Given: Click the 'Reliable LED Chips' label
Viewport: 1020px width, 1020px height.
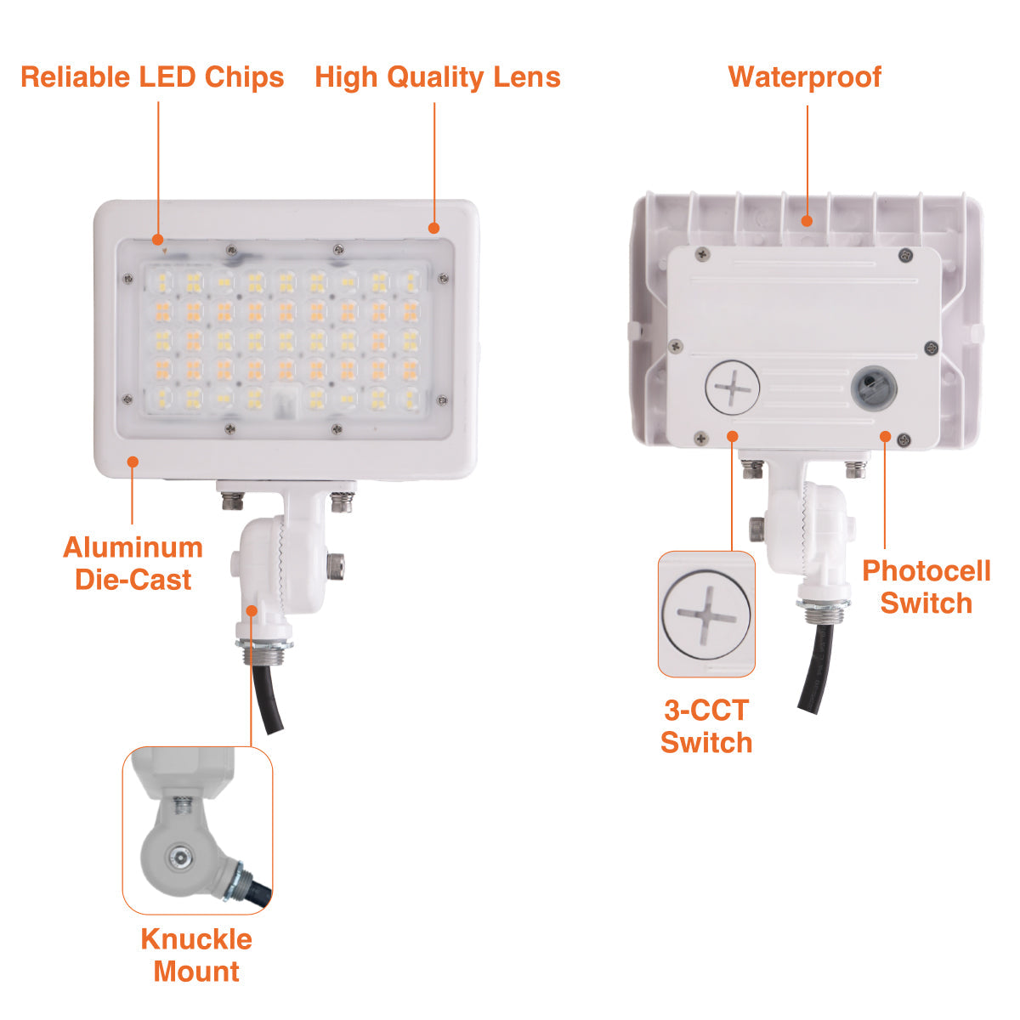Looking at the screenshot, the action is coord(152,77).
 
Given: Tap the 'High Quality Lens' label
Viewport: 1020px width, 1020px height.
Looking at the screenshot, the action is coord(437,78).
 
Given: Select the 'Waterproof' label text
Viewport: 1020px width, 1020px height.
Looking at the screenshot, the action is coord(805,78).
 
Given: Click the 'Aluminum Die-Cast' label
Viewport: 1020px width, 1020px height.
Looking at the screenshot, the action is coord(133,564).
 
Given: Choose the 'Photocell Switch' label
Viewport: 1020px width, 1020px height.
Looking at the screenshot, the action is coord(926,586).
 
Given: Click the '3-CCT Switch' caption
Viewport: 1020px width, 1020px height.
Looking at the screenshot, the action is coord(706,726).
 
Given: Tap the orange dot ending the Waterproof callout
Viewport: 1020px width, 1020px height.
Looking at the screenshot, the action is coord(807,221).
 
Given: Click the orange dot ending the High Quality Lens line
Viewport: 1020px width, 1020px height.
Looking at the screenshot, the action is coord(434,228).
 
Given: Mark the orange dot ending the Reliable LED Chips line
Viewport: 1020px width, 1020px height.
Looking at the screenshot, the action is coord(158,240).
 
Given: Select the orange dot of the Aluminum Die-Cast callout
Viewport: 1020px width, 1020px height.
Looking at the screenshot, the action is coord(133,462).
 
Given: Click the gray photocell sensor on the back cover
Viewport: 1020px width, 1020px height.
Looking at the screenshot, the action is coord(874,388).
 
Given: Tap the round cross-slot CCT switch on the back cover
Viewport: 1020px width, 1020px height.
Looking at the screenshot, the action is coord(733,388).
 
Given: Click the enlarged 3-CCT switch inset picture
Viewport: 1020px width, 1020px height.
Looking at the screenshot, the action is coord(706,614).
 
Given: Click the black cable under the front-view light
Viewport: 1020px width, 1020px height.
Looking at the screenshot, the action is coord(266,698).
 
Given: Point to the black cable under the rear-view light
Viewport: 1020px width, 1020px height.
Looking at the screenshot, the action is coord(816,668).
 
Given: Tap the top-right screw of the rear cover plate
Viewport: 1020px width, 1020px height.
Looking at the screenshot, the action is coord(905,255).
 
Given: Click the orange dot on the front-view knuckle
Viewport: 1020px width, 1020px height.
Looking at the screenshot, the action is coord(252,611).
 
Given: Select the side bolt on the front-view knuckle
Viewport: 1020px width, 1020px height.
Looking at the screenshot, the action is coord(336,565).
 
